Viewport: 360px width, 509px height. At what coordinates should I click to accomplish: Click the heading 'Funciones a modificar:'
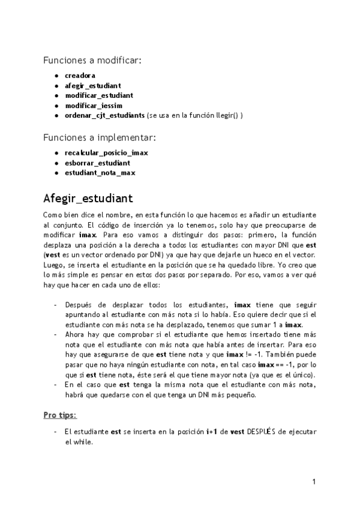pyautogui.click(x=92, y=60)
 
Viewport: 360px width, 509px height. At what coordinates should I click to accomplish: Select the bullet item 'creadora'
pyautogui.click(x=80, y=76)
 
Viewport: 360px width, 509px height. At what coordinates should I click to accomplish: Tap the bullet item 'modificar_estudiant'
pyautogui.click(x=98, y=95)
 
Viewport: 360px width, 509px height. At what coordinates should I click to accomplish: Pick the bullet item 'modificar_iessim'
pyautogui.click(x=94, y=105)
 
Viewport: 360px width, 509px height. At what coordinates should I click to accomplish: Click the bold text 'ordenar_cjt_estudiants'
pyautogui.click(x=104, y=115)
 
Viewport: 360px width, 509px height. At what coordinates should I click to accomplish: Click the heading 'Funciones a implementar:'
pyautogui.click(x=99, y=137)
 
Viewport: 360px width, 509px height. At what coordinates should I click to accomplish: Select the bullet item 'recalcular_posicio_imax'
pyautogui.click(x=106, y=153)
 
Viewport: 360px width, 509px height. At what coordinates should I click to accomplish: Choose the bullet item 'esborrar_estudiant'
pyautogui.click(x=97, y=163)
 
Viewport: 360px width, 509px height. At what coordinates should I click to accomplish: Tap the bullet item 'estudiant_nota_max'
pyautogui.click(x=100, y=173)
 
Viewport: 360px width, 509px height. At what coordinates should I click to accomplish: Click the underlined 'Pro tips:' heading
pyautogui.click(x=59, y=415)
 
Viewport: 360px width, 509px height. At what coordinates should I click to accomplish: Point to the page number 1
pyautogui.click(x=314, y=481)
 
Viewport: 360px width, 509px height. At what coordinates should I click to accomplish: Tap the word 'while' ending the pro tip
pyautogui.click(x=85, y=442)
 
